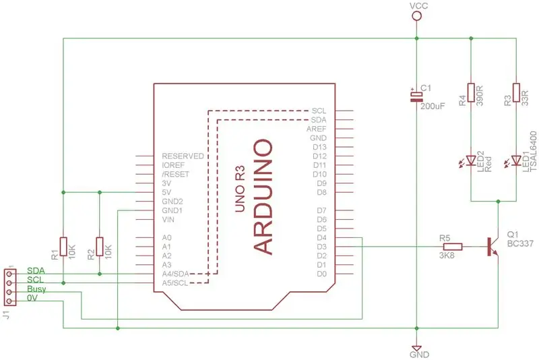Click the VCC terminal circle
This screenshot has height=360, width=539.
(x=416, y=16)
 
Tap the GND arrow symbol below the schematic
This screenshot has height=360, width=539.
(x=416, y=348)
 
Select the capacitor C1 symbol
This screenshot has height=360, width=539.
(x=416, y=96)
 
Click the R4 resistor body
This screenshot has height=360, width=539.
(x=471, y=92)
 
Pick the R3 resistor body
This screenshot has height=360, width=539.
(x=516, y=92)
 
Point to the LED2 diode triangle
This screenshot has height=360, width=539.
(x=471, y=160)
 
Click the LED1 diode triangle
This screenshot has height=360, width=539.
(x=516, y=160)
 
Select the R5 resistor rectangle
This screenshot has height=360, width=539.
(x=453, y=247)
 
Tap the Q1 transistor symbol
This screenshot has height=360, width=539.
(x=493, y=247)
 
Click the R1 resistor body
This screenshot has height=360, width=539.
(x=63, y=246)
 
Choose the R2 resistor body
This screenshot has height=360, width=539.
(x=100, y=246)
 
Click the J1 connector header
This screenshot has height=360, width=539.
(x=10, y=287)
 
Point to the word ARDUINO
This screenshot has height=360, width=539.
(x=263, y=197)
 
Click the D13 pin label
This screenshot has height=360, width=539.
(x=319, y=147)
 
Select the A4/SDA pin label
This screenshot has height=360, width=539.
(x=175, y=274)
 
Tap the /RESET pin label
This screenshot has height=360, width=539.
(x=175, y=175)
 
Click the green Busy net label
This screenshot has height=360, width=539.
(x=36, y=289)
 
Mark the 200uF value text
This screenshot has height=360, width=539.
(x=433, y=107)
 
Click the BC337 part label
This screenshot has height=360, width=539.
(x=520, y=243)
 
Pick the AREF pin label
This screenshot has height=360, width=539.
(x=316, y=129)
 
